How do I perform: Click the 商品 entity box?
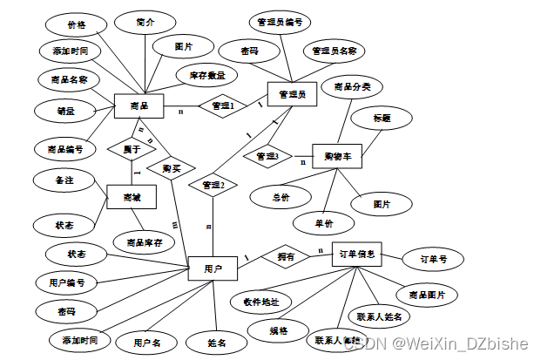click(139, 106)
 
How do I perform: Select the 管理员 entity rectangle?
click(291, 94)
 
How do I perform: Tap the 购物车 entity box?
click(335, 156)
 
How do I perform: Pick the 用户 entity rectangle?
click(213, 268)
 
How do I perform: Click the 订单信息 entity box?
click(357, 255)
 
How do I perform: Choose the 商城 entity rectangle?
click(131, 197)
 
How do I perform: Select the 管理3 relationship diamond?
click(267, 157)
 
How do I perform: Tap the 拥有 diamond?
click(286, 256)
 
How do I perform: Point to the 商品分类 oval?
click(352, 86)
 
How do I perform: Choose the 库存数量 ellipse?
click(206, 76)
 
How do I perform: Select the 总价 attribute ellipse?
click(281, 197)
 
